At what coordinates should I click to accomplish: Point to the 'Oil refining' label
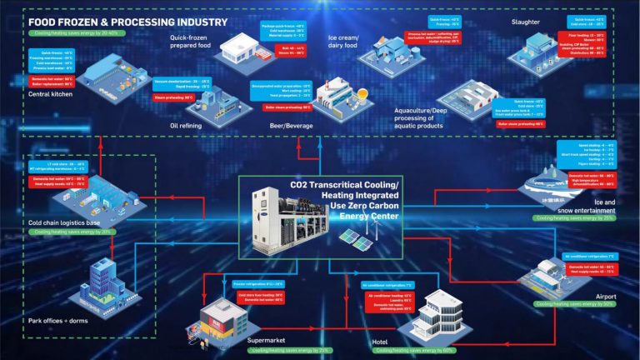click(x=186, y=127)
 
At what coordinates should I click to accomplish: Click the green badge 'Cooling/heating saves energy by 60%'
click(x=420, y=351)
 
